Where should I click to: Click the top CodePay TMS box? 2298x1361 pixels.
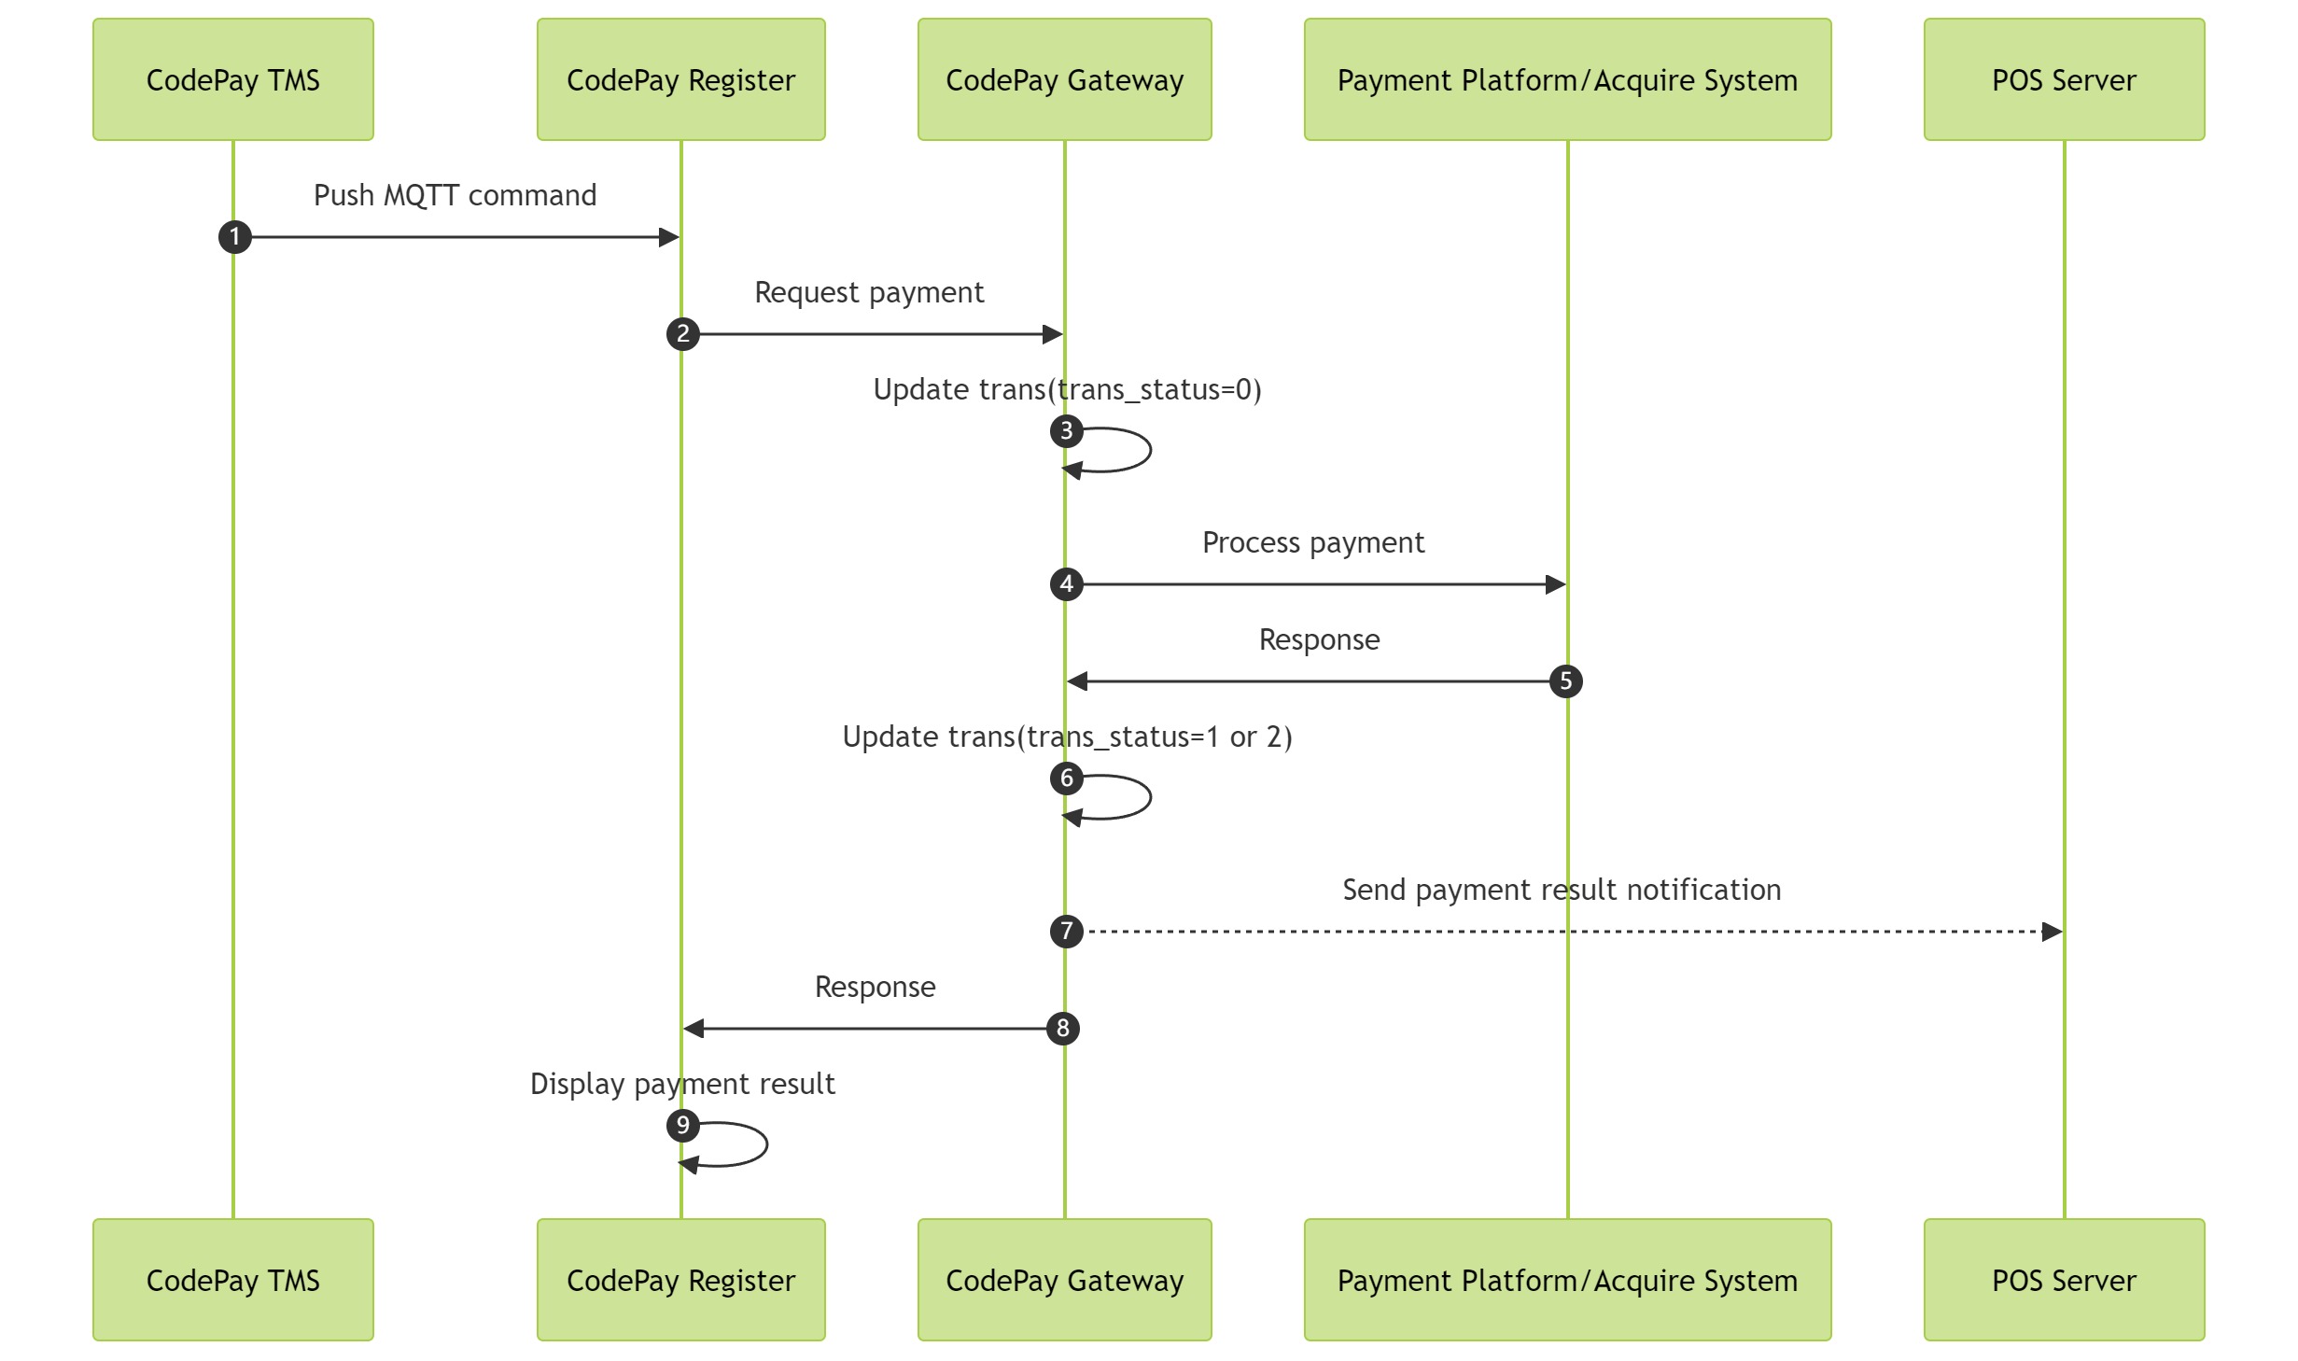pos(232,79)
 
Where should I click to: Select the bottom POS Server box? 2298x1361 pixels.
pos(2063,1279)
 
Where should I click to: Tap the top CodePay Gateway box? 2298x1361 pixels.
pos(1064,79)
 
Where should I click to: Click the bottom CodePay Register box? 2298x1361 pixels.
pos(680,1279)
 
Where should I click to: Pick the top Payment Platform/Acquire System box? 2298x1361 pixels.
pos(1566,79)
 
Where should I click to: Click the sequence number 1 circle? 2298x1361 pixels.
pos(235,237)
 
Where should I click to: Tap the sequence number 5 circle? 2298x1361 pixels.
pos(1565,681)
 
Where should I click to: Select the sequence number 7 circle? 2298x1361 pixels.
pos(1066,932)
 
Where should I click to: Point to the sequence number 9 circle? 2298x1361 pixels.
pos(683,1126)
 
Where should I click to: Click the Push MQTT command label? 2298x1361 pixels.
pos(455,195)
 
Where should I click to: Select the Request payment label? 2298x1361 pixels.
pos(868,292)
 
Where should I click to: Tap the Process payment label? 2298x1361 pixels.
pos(1312,542)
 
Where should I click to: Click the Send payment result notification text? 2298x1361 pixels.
pos(1561,890)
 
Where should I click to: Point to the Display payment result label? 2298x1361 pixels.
pos(681,1084)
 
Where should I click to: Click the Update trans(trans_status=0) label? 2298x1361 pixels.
pos(1066,389)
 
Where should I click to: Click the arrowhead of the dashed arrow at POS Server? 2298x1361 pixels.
pos(2052,932)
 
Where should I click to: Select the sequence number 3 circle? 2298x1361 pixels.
pos(1066,431)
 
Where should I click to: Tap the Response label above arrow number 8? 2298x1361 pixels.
pos(875,987)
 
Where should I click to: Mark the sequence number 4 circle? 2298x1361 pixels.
pos(1066,584)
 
